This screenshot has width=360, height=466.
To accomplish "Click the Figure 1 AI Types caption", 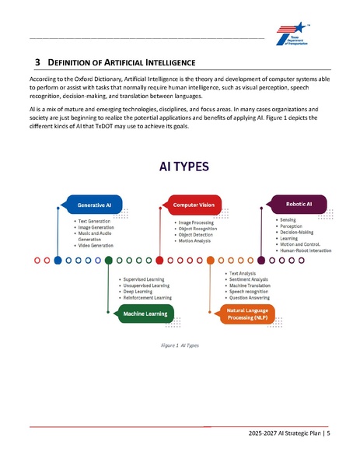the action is tap(179, 345).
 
